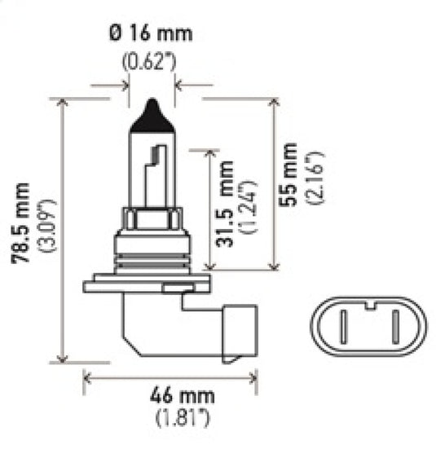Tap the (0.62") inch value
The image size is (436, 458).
pyautogui.click(x=152, y=61)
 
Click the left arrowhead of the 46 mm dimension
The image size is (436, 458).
pyautogui.click(x=87, y=377)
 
